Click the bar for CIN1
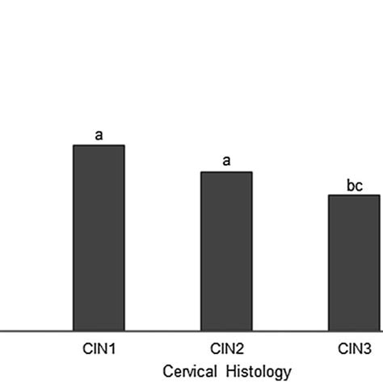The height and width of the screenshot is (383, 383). coord(99,238)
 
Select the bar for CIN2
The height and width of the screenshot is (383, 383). coord(226,251)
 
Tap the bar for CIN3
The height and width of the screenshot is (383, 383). coord(353,263)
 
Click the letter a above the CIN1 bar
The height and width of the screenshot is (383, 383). coord(99,135)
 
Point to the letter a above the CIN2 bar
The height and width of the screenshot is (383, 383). coord(226,161)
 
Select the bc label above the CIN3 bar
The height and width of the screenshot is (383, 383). coord(354,184)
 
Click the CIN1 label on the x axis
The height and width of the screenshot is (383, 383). coord(99,350)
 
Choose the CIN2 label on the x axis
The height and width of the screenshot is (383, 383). coord(226,350)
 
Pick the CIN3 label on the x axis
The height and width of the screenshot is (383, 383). coord(353,350)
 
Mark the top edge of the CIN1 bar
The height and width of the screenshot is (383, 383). coord(99,145)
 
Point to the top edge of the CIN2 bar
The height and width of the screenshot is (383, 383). coord(226,172)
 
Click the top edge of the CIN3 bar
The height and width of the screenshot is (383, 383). coord(353,195)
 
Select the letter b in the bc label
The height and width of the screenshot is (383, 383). coord(350,184)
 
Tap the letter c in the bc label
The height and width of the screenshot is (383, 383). coord(358,185)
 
